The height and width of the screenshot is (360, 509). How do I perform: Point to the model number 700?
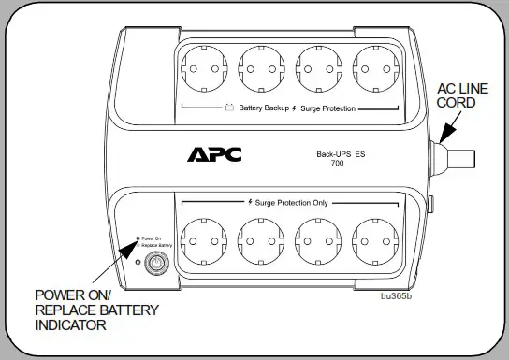coord(337,164)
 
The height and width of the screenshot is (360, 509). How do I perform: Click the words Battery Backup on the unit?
coord(263,108)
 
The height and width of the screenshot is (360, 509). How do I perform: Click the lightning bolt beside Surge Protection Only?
coord(251,202)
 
